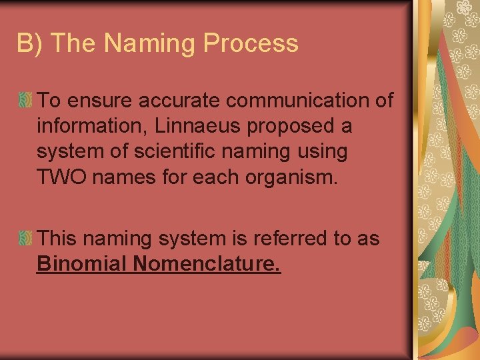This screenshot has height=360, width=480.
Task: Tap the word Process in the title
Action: (x=251, y=43)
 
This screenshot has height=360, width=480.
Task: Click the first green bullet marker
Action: (x=26, y=101)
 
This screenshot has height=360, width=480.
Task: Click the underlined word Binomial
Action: (x=81, y=265)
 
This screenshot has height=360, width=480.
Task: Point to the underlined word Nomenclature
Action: (x=207, y=265)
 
